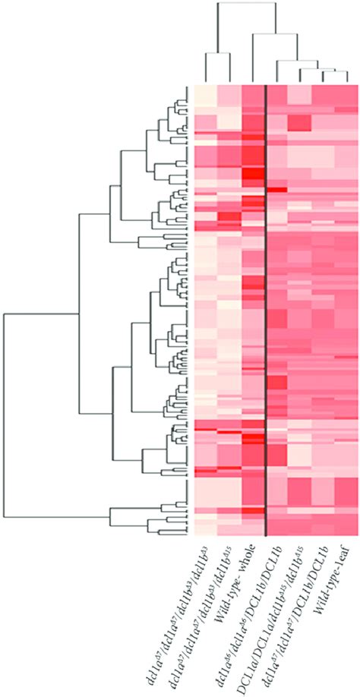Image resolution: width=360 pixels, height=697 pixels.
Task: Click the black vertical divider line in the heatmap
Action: click(x=266, y=304)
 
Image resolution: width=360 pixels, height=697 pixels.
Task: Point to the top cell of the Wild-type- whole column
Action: click(x=253, y=92)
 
